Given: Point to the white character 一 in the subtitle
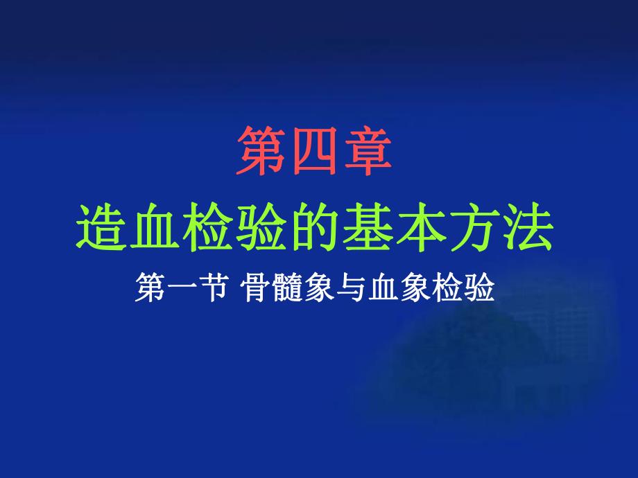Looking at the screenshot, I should [182, 286].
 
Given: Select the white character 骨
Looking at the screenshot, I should [256, 286].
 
